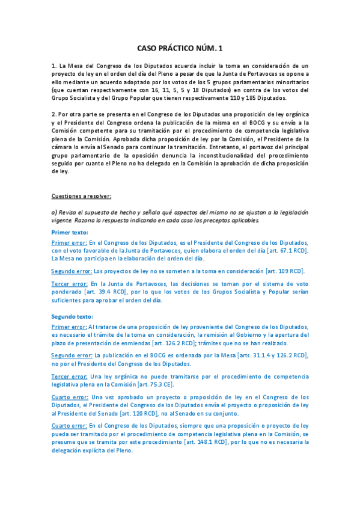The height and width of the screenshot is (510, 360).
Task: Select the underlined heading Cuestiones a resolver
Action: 81,196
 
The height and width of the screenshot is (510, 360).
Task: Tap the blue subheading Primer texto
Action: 69,233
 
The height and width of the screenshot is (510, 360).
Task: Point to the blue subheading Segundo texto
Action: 72,317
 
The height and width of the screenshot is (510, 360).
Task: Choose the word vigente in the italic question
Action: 64,221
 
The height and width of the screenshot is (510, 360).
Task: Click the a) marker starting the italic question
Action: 54,212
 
